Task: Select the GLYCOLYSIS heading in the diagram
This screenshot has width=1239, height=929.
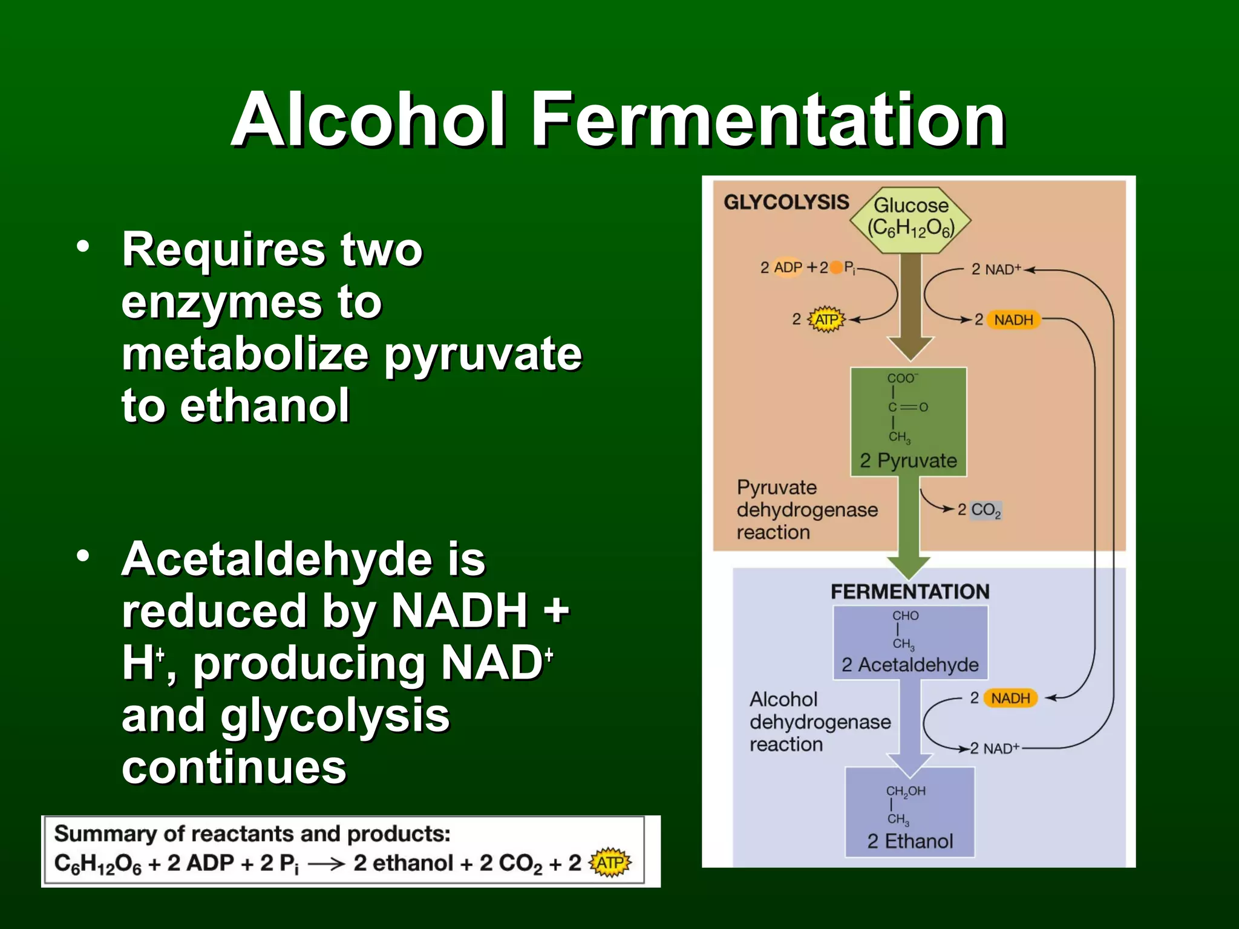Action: (786, 202)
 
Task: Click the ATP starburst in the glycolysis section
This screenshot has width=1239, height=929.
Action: (826, 319)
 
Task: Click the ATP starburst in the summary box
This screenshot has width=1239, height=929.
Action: (610, 862)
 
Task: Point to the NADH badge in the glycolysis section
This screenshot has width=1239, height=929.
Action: (1013, 319)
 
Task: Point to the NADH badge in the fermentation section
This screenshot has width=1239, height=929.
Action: (1010, 698)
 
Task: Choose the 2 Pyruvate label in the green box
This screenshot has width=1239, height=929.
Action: (908, 461)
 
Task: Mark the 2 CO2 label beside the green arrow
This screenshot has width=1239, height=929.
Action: (979, 510)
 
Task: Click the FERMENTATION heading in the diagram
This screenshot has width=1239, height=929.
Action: (910, 592)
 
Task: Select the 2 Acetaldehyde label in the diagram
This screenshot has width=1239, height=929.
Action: (910, 665)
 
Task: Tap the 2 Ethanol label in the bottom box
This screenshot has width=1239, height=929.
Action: (910, 841)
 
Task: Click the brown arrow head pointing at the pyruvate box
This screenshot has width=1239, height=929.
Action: (910, 348)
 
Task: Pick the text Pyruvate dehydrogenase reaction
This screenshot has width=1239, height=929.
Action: (806, 510)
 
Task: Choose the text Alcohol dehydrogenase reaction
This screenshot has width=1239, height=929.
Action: (819, 722)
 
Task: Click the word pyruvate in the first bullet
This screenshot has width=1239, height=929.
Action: (482, 354)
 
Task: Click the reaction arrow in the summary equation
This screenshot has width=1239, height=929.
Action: (326, 864)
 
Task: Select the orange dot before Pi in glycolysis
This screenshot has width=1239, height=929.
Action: (836, 267)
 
